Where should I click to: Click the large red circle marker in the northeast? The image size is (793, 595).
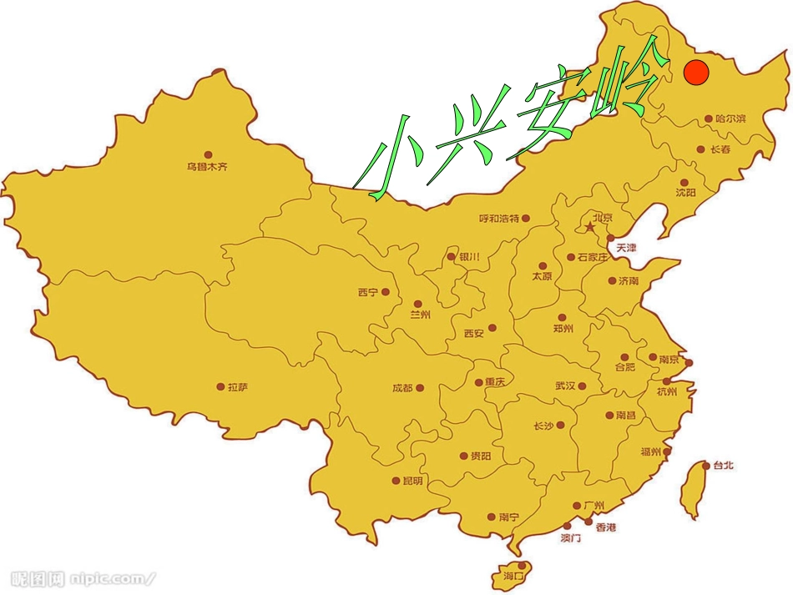coord(695,72)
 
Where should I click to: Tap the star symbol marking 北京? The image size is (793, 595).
coord(589,227)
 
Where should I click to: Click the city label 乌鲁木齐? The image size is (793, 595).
coord(207,167)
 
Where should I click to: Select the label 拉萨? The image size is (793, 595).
coord(238,387)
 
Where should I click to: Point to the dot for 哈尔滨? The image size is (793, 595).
coord(709,119)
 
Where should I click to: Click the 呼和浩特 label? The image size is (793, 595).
coord(498,219)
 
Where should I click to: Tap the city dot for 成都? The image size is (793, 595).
coord(420,387)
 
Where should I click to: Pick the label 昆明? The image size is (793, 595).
coord(412,481)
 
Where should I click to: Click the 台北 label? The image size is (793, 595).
coord(723,466)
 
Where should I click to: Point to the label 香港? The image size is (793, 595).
coord(606,527)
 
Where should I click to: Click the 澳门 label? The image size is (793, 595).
coord(571,539)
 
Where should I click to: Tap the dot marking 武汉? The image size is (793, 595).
coord(582,386)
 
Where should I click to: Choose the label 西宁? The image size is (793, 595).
coord(367,292)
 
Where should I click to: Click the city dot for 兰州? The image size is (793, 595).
coord(417,305)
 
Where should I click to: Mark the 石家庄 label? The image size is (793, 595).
coord(593,258)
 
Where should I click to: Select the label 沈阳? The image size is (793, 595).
coord(685,193)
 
